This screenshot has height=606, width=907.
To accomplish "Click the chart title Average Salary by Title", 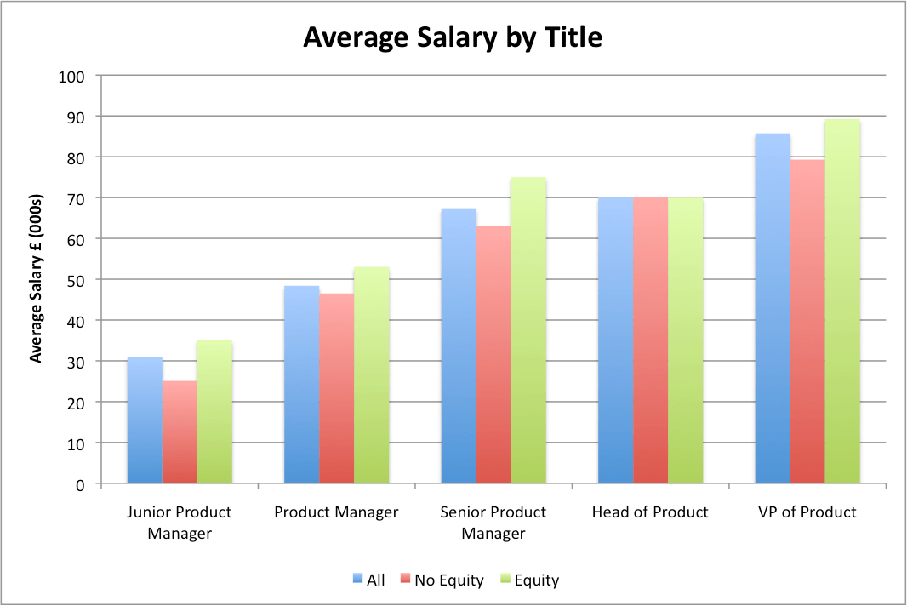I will click(453, 38).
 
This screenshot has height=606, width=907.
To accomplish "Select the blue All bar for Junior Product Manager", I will click(145, 420).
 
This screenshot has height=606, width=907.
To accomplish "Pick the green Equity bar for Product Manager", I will click(372, 375).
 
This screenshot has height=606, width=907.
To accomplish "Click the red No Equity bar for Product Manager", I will click(337, 389).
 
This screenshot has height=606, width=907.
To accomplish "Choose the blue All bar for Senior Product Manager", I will click(459, 346).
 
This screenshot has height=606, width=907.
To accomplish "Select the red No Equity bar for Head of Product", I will click(650, 340).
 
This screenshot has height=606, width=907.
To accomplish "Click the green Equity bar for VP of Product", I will click(842, 301).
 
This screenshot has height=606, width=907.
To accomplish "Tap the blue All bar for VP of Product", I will click(773, 309).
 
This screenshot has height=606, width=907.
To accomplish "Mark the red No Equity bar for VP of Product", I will click(807, 322).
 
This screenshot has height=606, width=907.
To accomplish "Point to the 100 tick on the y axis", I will click(72, 76).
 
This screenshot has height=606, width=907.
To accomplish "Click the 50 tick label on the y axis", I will click(77, 280).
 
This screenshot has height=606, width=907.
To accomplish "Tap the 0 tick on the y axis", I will click(81, 484).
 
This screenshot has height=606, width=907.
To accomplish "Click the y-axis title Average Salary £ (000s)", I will click(36, 280).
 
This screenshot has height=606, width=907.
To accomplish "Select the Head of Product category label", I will click(650, 512).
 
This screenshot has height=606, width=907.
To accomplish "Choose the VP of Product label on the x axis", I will click(807, 512).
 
